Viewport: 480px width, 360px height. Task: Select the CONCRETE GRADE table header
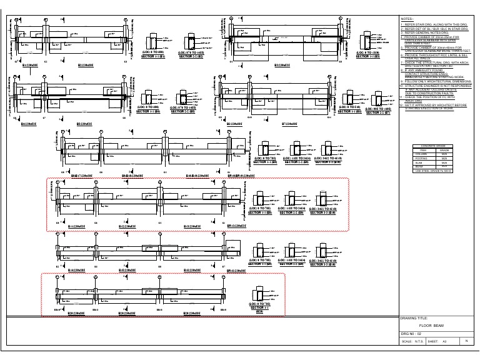pos(432,146)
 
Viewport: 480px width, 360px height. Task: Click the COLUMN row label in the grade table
pos(422,154)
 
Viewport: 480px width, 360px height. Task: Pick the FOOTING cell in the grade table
pos(422,158)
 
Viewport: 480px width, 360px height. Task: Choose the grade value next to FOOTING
pos(444,158)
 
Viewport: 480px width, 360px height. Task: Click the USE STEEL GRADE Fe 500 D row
pos(432,171)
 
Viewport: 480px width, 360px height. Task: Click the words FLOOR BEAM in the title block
pos(431,326)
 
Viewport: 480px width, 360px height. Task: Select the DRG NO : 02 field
pos(413,335)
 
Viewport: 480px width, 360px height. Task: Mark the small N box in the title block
pos(467,341)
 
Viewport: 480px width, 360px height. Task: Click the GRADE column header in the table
pos(444,150)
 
